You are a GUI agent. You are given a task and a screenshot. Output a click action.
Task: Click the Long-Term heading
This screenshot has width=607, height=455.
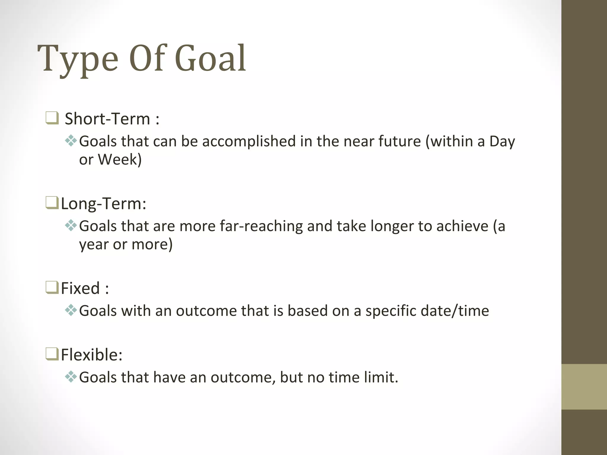tap(103, 204)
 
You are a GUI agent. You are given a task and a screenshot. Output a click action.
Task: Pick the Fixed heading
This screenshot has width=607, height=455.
tap(85, 288)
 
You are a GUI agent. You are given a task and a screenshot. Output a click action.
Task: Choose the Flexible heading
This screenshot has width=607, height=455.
tap(92, 355)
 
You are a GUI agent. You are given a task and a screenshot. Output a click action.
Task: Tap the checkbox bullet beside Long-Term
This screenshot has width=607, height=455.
tap(52, 203)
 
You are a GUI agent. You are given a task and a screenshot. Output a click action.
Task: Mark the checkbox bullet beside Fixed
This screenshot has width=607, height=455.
tap(52, 288)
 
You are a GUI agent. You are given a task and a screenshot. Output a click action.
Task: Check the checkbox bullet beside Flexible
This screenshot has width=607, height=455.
tap(52, 354)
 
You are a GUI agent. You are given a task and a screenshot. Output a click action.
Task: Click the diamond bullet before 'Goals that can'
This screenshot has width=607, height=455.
tap(71, 141)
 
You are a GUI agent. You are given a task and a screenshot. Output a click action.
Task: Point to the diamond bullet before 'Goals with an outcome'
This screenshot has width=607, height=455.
tap(71, 310)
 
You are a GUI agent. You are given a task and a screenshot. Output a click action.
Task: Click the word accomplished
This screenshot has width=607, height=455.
tap(249, 141)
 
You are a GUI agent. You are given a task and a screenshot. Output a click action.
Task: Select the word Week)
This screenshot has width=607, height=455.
tap(120, 160)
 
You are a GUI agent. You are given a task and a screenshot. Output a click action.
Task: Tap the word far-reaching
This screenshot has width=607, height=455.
tap(261, 226)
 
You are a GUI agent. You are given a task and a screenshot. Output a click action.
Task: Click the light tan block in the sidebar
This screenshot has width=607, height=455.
tap(584, 387)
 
